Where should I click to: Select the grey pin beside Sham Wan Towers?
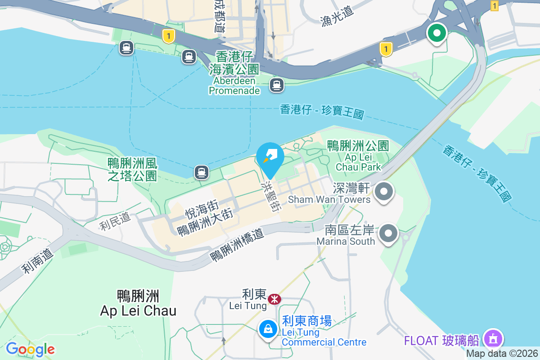[383, 192]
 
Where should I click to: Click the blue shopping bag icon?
[268, 329]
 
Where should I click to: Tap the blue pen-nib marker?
[270, 156]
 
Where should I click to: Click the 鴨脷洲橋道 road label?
[237, 243]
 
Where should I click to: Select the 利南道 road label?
[38, 261]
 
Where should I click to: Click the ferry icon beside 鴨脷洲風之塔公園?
[202, 172]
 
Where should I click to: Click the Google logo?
[30, 349]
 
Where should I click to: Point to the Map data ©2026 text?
[502, 354]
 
